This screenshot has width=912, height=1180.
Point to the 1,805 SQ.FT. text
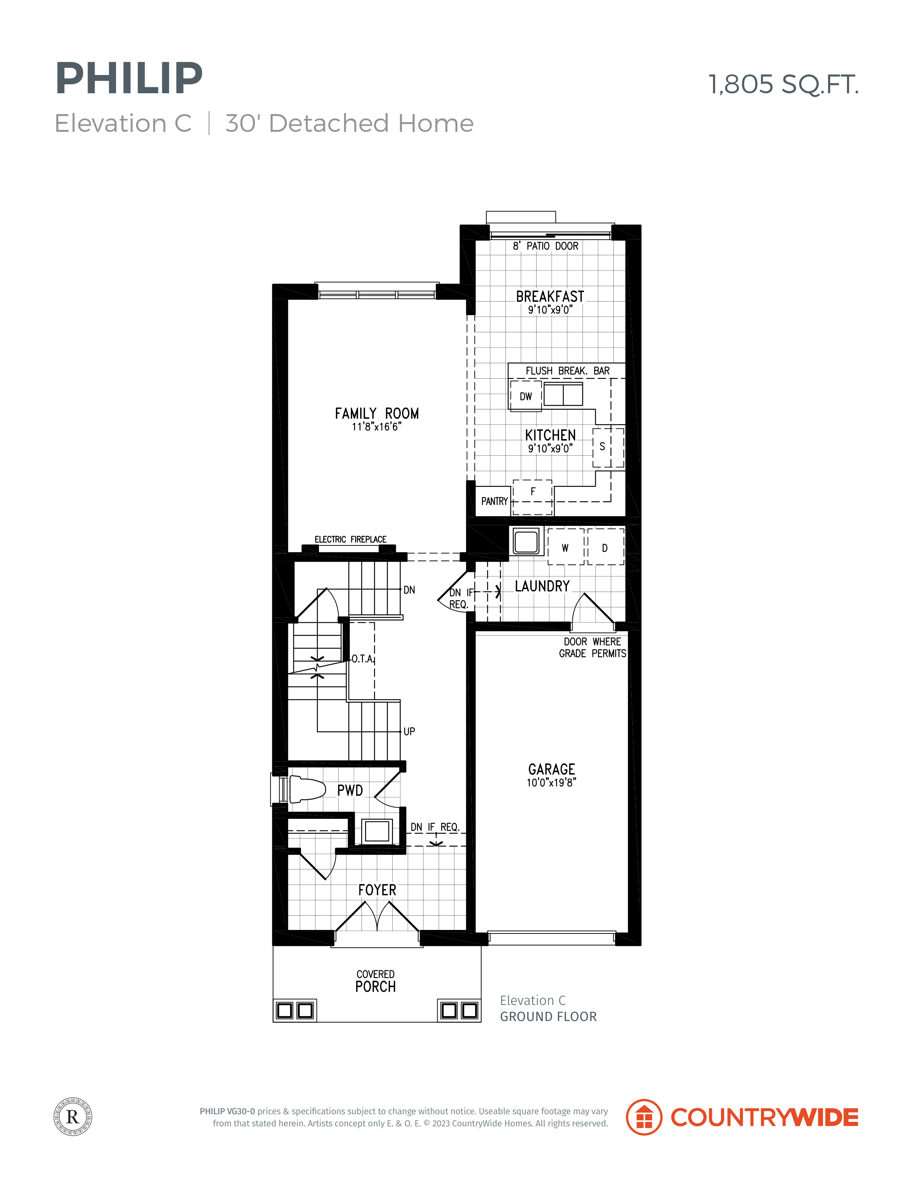pos(783,84)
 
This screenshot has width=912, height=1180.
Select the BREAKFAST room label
pos(550,297)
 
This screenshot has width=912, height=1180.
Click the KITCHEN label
pos(550,435)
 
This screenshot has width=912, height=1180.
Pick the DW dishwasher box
pos(526,396)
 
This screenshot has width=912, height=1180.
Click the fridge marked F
pos(533,497)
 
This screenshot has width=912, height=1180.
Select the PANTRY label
pos(494,501)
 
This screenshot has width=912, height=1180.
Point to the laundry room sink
pos(526,541)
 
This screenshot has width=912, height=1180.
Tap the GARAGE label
pos(551,770)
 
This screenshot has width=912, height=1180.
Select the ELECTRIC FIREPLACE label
pos(351,539)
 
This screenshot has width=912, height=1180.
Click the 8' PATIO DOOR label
pos(546,246)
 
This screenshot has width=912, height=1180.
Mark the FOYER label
pos(377,890)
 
